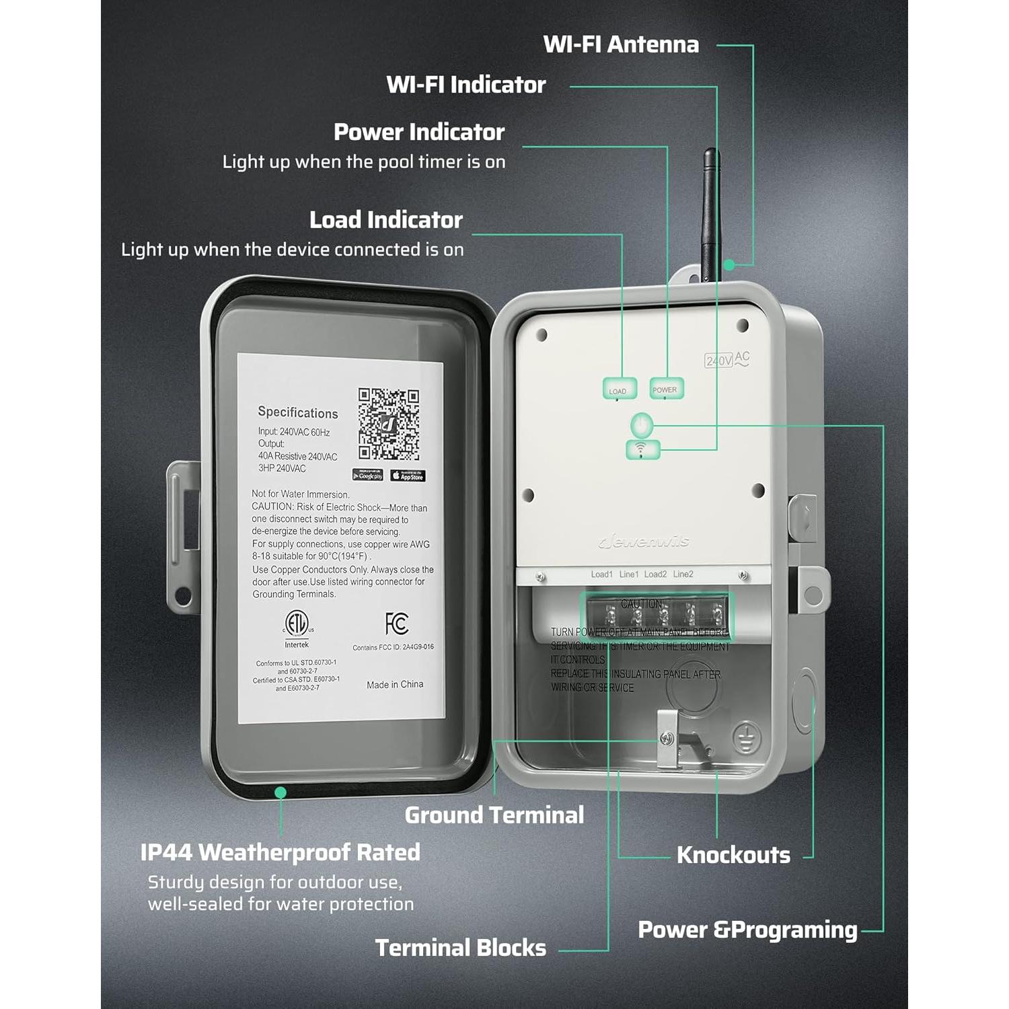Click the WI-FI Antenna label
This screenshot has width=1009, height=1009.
tap(620, 44)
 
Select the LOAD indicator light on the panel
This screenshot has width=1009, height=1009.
tap(618, 389)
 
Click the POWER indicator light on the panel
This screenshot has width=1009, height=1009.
tap(665, 389)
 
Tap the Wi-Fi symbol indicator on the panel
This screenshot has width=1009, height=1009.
tap(642, 449)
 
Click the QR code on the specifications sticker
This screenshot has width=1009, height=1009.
tap(388, 424)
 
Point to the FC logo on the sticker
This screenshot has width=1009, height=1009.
tap(396, 624)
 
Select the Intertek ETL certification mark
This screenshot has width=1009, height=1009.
tap(296, 626)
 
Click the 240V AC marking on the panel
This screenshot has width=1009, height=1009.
tap(726, 360)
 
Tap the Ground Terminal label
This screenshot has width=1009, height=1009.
tap(494, 815)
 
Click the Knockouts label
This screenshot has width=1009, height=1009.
tap(733, 855)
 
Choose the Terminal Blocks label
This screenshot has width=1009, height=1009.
tap(461, 948)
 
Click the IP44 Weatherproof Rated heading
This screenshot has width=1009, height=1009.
tap(280, 852)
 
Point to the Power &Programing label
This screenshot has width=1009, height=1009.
tap(747, 930)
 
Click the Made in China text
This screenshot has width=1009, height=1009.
tap(395, 684)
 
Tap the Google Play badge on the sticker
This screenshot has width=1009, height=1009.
tap(368, 475)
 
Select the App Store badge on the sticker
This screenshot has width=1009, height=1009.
tap(408, 476)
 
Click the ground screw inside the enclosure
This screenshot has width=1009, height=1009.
tap(666, 739)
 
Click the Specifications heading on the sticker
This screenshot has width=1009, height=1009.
tap(297, 412)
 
